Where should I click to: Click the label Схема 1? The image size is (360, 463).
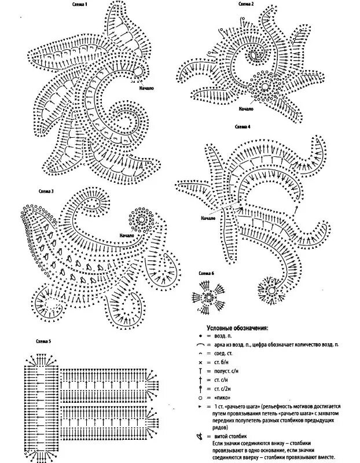point(80,5)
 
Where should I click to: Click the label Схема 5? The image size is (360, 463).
point(43,341)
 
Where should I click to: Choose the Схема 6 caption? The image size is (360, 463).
point(206,273)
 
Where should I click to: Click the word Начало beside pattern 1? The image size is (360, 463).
point(147,89)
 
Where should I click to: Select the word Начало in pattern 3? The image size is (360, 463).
point(128,236)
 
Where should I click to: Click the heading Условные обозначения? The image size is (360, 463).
point(238,328)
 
